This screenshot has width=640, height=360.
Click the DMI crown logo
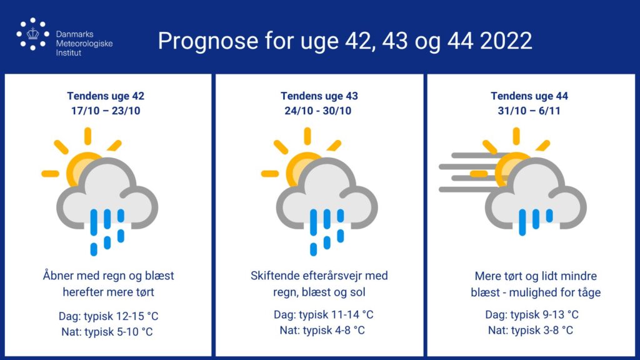click(32, 34)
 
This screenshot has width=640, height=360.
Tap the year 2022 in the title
click(506, 41)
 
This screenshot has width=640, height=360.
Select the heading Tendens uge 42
click(106, 96)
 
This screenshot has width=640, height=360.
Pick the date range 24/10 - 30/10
click(318, 111)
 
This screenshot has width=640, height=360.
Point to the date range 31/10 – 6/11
click(529, 111)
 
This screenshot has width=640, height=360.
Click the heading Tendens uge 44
click(529, 96)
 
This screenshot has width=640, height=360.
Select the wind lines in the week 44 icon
click(469, 172)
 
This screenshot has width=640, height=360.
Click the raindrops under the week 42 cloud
click(107, 232)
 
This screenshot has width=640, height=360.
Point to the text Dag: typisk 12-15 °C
click(109, 316)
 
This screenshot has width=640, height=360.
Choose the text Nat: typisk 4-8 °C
click(322, 330)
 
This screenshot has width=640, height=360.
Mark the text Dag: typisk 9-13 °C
click(532, 314)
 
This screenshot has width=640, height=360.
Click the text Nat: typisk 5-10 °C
click(107, 331)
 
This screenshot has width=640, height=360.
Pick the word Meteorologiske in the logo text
click(84, 43)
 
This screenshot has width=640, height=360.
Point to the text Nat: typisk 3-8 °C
click(531, 330)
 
